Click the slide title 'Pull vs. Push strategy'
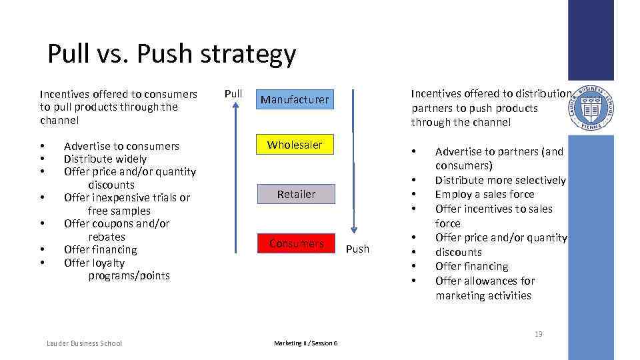[x=171, y=54]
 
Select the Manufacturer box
[x=295, y=99]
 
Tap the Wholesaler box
[x=295, y=145]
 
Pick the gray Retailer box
[x=296, y=194]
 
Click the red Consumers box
[x=296, y=243]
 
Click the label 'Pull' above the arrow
[x=233, y=93]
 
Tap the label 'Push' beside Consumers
[x=357, y=249]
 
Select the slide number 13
[x=538, y=333]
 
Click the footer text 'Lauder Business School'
[x=84, y=343]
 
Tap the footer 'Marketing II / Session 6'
[x=305, y=343]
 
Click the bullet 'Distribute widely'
[x=105, y=159]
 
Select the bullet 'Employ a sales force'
[x=485, y=194]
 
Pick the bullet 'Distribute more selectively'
[x=500, y=180]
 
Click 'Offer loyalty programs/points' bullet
[x=117, y=269]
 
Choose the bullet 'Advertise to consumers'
[x=121, y=146]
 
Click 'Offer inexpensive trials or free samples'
[x=127, y=204]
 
